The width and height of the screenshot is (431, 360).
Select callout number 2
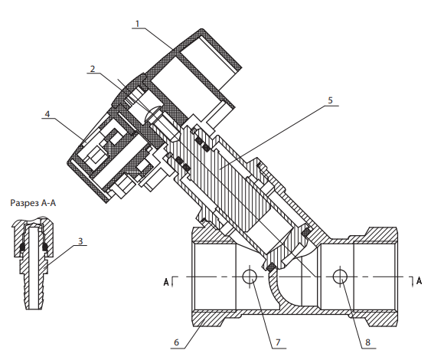point(93,69)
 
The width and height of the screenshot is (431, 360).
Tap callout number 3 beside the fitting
point(80,241)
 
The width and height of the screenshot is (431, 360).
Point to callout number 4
point(47,114)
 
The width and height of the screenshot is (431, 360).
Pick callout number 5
point(331,100)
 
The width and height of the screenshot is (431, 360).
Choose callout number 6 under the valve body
point(177,342)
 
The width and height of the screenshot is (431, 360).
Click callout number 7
point(278,342)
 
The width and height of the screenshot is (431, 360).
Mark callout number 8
point(367,342)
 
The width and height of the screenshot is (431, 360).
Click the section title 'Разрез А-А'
point(33,203)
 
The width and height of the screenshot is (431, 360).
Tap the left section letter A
point(166,282)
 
